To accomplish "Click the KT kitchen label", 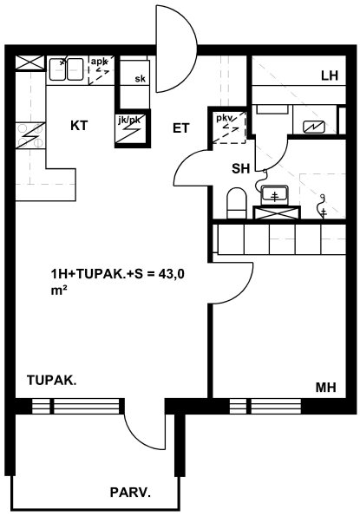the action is pos(79,126).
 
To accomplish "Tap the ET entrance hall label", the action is pos(181,128).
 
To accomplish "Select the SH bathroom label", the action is pos(240,169).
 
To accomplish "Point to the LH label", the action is pos(330,76).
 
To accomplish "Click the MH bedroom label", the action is pos(326,388).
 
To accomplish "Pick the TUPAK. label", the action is pos(52,380).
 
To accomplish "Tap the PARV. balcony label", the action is pos(130,493).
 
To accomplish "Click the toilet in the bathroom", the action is pos(237,203).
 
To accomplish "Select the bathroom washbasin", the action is pos(274,195).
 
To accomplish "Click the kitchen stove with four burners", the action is pos(30,135).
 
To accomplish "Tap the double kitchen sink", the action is pos(66,69).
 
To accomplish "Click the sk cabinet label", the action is pos(140,79).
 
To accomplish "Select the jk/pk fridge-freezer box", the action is pos(132,128).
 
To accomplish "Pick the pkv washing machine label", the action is pos(224,118).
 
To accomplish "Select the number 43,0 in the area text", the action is pos(171,274).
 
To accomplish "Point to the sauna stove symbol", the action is pos(314,126).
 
